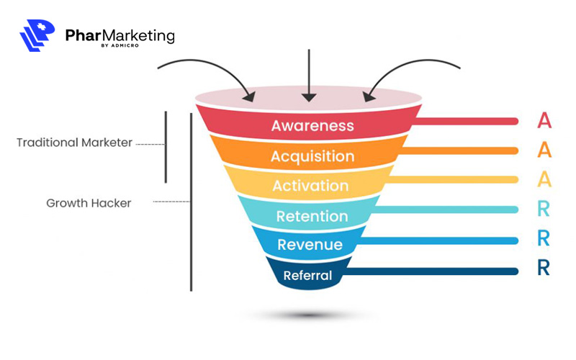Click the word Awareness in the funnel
click(x=312, y=125)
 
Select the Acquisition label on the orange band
click(x=312, y=156)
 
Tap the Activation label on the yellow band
click(x=310, y=186)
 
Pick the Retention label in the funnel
click(x=312, y=216)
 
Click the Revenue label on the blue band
click(x=310, y=245)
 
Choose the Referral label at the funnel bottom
click(x=307, y=275)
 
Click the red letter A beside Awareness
click(x=544, y=120)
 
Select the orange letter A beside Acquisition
click(x=544, y=150)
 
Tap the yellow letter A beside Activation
click(x=544, y=179)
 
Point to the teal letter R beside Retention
click(x=544, y=210)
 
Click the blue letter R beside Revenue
click(x=544, y=239)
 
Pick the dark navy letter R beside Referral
click(x=544, y=269)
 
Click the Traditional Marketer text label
click(x=74, y=143)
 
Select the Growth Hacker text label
click(x=89, y=203)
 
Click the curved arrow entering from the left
click(x=205, y=68)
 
